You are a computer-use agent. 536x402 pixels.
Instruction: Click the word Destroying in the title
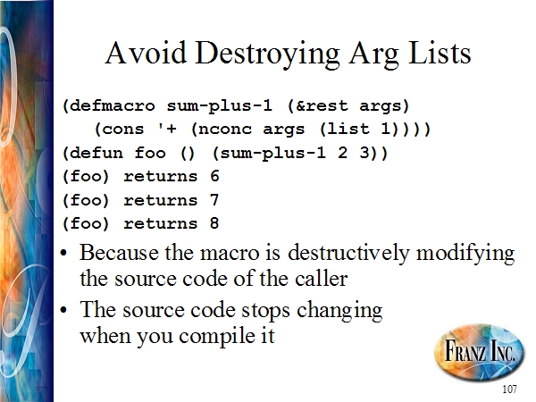[267, 54]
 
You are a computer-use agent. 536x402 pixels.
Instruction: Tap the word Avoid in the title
[146, 53]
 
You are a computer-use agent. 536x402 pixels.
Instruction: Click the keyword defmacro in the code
[113, 105]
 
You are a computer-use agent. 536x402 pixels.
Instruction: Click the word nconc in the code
[224, 130]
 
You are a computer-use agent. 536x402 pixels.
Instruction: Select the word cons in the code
[122, 130]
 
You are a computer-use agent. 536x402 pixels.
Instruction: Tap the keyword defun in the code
[96, 153]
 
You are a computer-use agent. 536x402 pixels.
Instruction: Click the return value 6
[214, 176]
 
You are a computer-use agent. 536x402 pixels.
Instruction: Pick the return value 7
[214, 199]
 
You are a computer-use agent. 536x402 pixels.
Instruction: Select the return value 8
[214, 222]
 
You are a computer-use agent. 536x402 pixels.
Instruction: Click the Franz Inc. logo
[479, 349]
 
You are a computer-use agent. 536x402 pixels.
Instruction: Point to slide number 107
[509, 389]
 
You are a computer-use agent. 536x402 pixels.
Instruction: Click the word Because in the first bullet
[120, 253]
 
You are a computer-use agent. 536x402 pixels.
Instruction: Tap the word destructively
[348, 254]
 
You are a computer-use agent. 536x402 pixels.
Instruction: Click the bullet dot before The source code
[63, 310]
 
